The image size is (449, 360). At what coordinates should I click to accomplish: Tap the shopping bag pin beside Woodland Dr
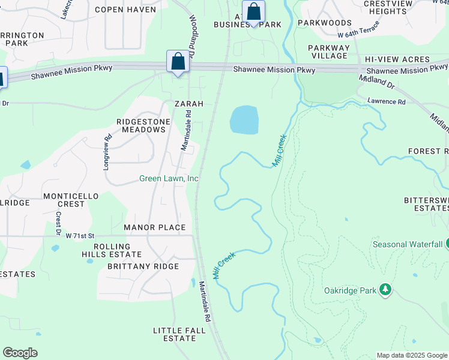[178, 62]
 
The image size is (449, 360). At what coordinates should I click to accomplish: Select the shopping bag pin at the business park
[254, 12]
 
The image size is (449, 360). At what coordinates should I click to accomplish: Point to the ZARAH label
[189, 104]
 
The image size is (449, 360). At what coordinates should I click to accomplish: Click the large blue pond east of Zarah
[244, 120]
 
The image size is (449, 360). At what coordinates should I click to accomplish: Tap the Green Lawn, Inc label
[169, 178]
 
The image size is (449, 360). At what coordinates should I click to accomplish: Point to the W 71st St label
[80, 236]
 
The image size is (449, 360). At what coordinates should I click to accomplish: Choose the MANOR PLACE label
[155, 228]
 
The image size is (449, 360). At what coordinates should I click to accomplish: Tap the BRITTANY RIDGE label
[143, 266]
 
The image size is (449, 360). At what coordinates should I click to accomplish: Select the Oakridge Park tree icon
[385, 291]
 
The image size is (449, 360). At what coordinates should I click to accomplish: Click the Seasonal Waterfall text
[408, 244]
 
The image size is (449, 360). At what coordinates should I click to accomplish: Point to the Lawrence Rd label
[387, 102]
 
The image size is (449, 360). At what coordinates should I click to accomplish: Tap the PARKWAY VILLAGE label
[328, 52]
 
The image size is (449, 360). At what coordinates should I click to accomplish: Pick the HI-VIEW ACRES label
[397, 59]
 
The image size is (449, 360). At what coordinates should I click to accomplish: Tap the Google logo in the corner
[20, 353]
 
